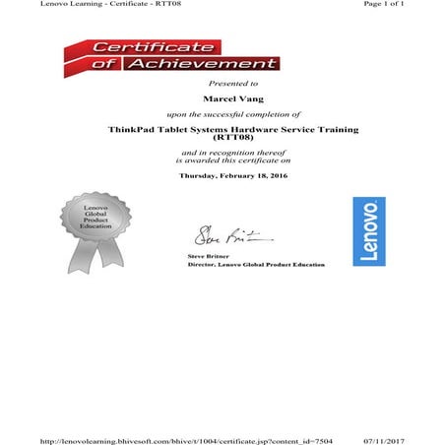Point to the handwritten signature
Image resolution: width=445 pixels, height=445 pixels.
coord(219,237)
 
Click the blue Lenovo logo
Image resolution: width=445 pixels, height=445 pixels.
coord(369,230)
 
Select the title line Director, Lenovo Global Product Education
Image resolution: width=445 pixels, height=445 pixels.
coord(255,265)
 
